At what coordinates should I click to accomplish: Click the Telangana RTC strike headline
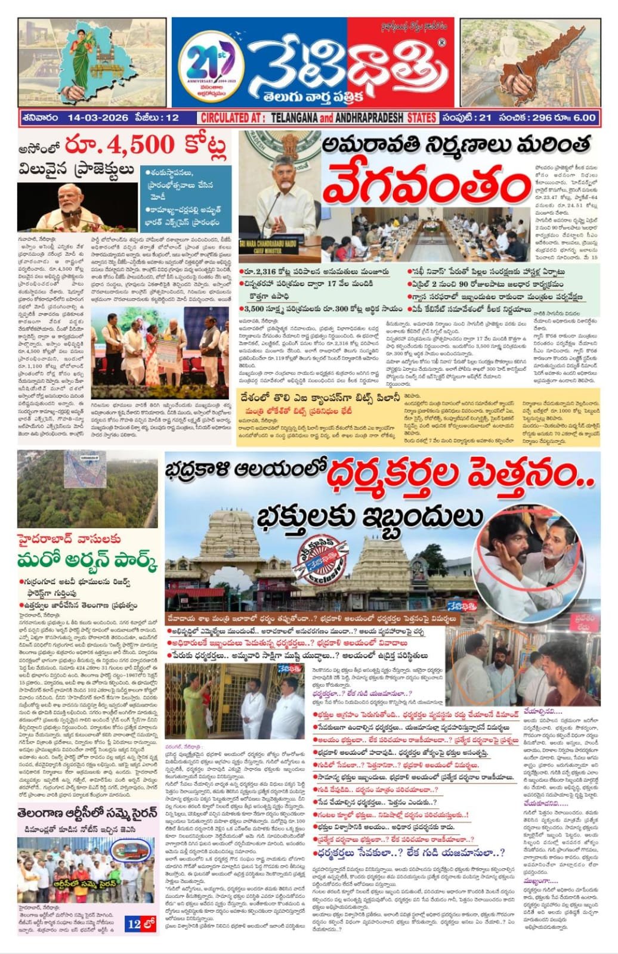pyautogui.click(x=89, y=813)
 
